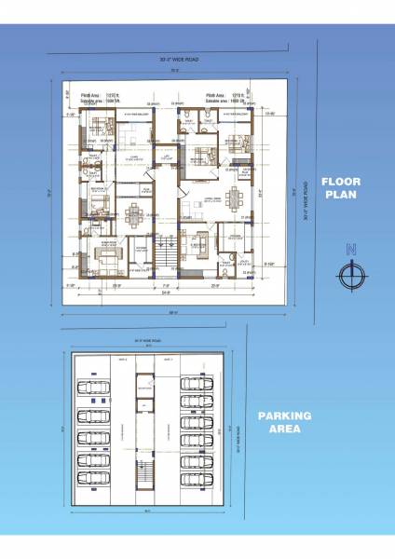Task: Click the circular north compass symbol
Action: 351,276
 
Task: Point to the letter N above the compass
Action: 351,250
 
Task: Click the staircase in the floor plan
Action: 165,253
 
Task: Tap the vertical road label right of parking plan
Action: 239,434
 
